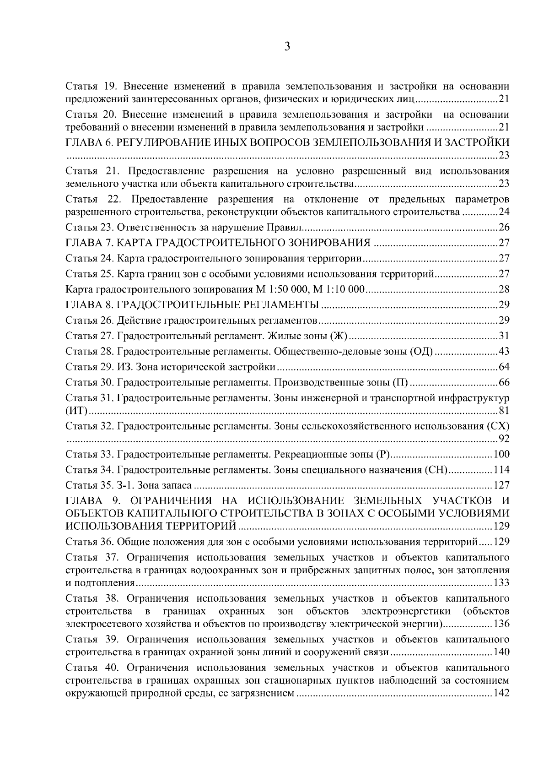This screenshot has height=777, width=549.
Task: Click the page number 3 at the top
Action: pos(286,47)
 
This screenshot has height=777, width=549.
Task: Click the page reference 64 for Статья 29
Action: pos(504,367)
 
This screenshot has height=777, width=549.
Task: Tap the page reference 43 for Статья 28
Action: pos(504,351)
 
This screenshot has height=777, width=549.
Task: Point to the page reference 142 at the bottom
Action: pos(502,694)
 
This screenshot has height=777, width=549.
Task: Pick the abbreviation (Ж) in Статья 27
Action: pos(339,336)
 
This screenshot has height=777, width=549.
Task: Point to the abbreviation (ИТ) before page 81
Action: pos(76,411)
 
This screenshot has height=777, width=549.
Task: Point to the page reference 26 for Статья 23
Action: pos(504,228)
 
